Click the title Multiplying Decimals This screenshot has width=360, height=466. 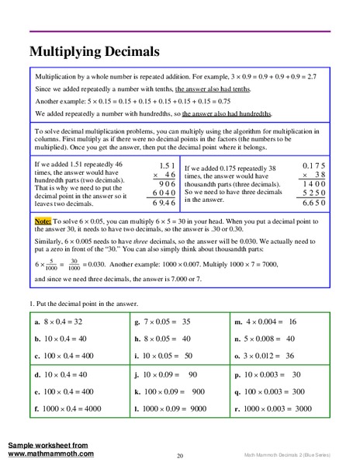[x=94, y=52]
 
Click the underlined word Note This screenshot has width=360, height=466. [x=42, y=221]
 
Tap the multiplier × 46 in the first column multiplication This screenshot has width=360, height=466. [x=164, y=176]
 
